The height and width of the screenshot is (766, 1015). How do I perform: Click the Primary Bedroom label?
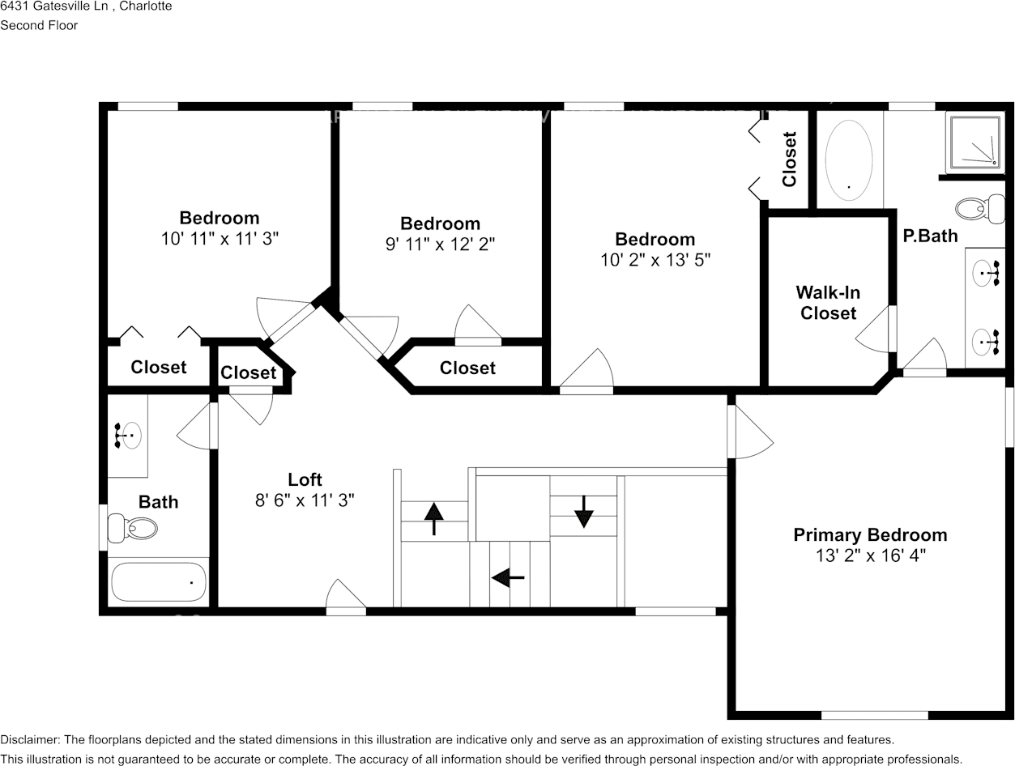coord(870,535)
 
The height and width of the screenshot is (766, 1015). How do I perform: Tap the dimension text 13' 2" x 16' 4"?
coord(871,556)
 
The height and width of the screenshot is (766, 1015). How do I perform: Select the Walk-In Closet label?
coord(828,303)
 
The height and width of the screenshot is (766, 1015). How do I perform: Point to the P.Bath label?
coord(930,236)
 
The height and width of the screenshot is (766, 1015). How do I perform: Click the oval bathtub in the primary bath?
coord(849,158)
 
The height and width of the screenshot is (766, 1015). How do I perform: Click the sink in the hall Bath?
coord(129,436)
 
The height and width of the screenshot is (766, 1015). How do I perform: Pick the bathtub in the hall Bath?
coord(159,581)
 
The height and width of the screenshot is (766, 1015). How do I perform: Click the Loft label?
coord(305,479)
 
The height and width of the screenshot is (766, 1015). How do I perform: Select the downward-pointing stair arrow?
coord(583,511)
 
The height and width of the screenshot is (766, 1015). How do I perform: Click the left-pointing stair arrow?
coord(508,577)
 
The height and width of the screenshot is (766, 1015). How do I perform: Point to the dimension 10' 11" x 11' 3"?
coord(220,239)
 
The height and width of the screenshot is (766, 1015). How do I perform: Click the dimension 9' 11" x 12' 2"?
coord(440,245)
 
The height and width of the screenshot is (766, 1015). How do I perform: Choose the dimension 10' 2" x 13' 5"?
coord(655,260)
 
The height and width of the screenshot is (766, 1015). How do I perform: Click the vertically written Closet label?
coord(789,160)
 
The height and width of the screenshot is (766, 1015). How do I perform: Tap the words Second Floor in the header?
coord(39,25)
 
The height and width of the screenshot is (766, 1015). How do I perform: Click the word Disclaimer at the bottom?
coord(29,740)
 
